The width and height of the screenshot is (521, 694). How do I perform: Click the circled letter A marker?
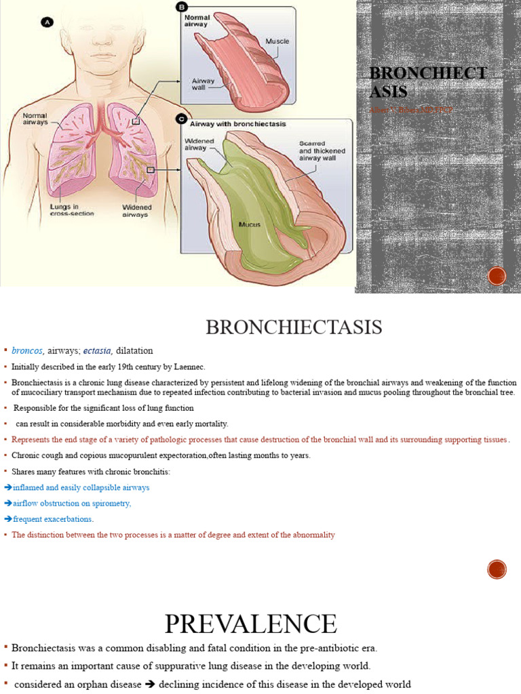(47, 22)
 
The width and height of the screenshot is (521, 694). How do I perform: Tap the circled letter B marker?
(181, 7)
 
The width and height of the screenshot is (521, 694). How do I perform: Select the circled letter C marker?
(181, 119)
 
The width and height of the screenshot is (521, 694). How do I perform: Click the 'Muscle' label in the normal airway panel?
(277, 41)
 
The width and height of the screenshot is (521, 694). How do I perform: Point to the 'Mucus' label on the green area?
(250, 224)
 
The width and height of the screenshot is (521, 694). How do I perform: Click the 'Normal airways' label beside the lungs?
(35, 119)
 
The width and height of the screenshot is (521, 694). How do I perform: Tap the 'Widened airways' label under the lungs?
(137, 211)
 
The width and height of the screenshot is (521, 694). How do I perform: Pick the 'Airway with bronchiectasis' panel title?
(237, 124)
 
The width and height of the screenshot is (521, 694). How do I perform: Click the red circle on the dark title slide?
(497, 277)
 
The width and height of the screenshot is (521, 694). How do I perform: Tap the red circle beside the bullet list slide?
(497, 569)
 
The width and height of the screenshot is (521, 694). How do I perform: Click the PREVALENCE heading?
(250, 624)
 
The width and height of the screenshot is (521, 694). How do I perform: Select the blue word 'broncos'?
(27, 350)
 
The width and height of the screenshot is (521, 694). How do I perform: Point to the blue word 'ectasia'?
(98, 350)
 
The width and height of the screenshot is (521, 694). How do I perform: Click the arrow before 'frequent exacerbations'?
(7, 519)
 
